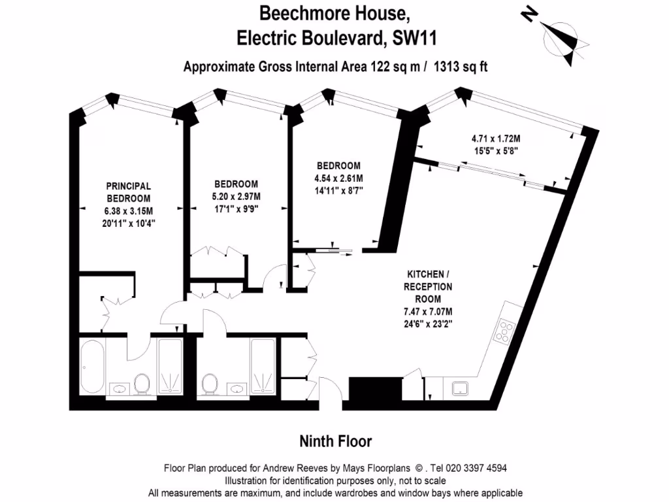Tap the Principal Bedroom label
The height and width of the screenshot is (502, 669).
(129, 192)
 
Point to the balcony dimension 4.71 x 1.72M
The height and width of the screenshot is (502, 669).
(495, 139)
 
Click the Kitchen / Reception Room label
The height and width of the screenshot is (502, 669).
(428, 286)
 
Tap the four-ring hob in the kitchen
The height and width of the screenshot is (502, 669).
(506, 331)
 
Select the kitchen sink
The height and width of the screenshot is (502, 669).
(463, 388)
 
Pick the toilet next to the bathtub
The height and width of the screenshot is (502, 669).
(142, 384)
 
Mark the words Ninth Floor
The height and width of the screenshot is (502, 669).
(335, 442)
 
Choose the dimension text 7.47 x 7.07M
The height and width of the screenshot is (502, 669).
(428, 311)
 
